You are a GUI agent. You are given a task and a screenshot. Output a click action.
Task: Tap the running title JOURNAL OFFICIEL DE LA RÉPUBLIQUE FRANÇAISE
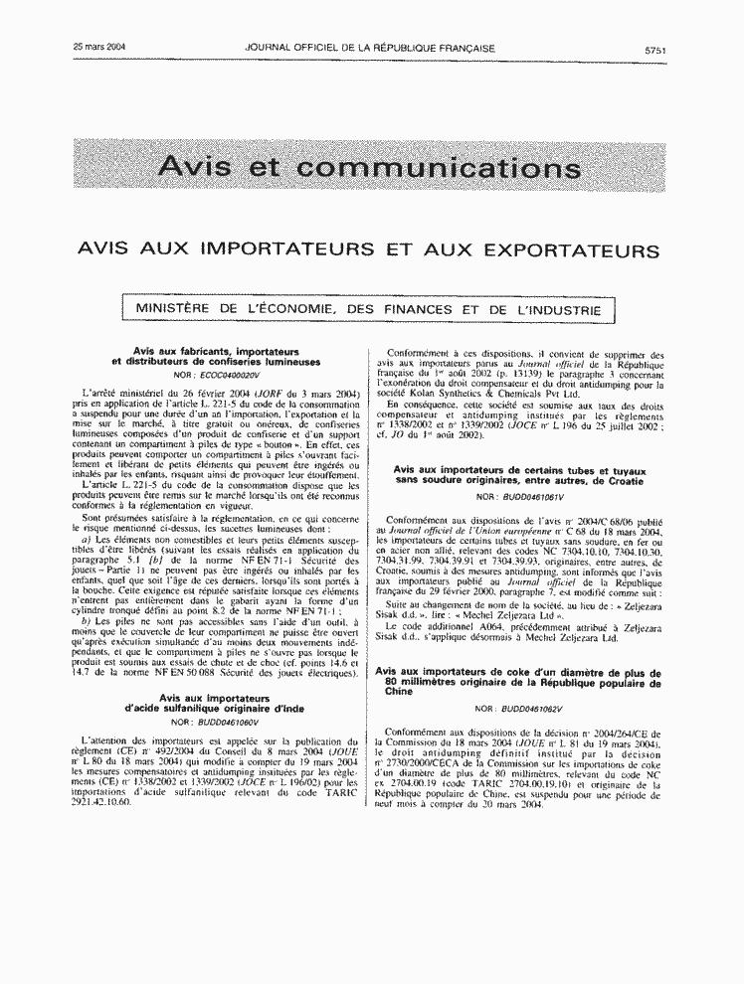click(370, 47)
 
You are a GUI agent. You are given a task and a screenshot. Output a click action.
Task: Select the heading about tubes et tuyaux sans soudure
click(518, 474)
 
